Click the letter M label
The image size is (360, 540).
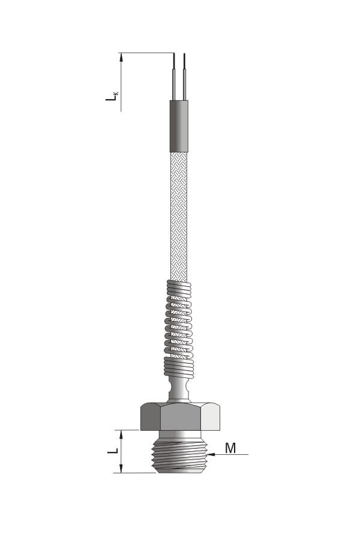pyautogui.click(x=230, y=448)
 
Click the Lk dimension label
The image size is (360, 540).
pyautogui.click(x=112, y=95)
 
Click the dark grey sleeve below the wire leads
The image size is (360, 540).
pyautogui.click(x=179, y=126)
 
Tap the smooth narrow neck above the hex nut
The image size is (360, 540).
pyautogui.click(x=179, y=389)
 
